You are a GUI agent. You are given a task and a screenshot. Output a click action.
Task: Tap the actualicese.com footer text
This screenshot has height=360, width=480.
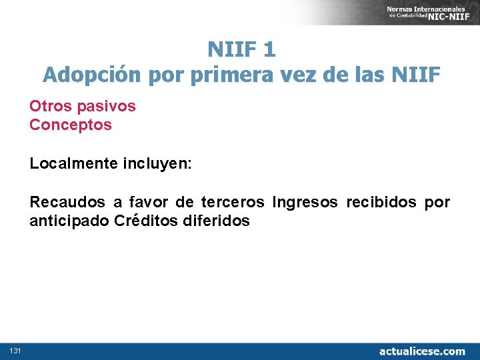(422, 351)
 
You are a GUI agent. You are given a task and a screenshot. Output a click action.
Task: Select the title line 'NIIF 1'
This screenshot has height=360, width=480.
(241, 49)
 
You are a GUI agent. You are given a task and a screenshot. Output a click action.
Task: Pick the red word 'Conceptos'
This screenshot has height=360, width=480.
(71, 125)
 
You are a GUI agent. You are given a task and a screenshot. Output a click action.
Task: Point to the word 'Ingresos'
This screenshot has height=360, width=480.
(306, 202)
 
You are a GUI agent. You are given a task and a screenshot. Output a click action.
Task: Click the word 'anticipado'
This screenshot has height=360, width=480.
(69, 221)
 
